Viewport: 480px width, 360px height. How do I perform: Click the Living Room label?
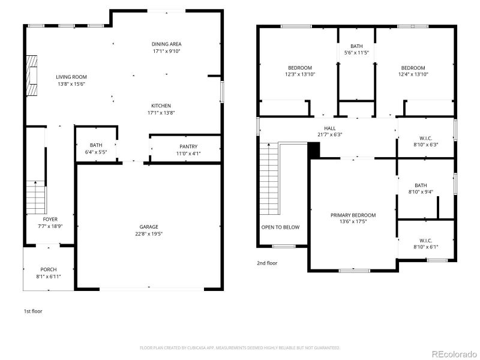[x=71, y=77]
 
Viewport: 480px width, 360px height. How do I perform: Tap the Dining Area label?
[x=166, y=44]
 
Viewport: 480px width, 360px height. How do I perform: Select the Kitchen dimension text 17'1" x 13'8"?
[x=161, y=113]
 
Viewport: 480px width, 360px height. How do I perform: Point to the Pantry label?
[x=188, y=146]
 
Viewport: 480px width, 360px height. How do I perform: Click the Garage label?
[x=149, y=227]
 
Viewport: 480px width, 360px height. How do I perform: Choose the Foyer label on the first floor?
[x=50, y=219]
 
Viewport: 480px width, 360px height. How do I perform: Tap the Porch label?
[x=49, y=269]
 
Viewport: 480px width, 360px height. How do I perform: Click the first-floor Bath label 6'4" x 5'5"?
[x=96, y=145]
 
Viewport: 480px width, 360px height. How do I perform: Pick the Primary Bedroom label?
[x=353, y=215]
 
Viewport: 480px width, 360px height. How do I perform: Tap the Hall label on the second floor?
[x=330, y=128]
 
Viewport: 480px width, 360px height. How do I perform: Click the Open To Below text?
[x=280, y=227]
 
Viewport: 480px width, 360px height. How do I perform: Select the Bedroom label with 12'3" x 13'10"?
[x=300, y=68]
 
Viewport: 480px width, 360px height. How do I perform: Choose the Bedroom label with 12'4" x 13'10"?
[x=413, y=68]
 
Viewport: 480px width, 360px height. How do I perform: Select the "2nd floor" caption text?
[x=267, y=263]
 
